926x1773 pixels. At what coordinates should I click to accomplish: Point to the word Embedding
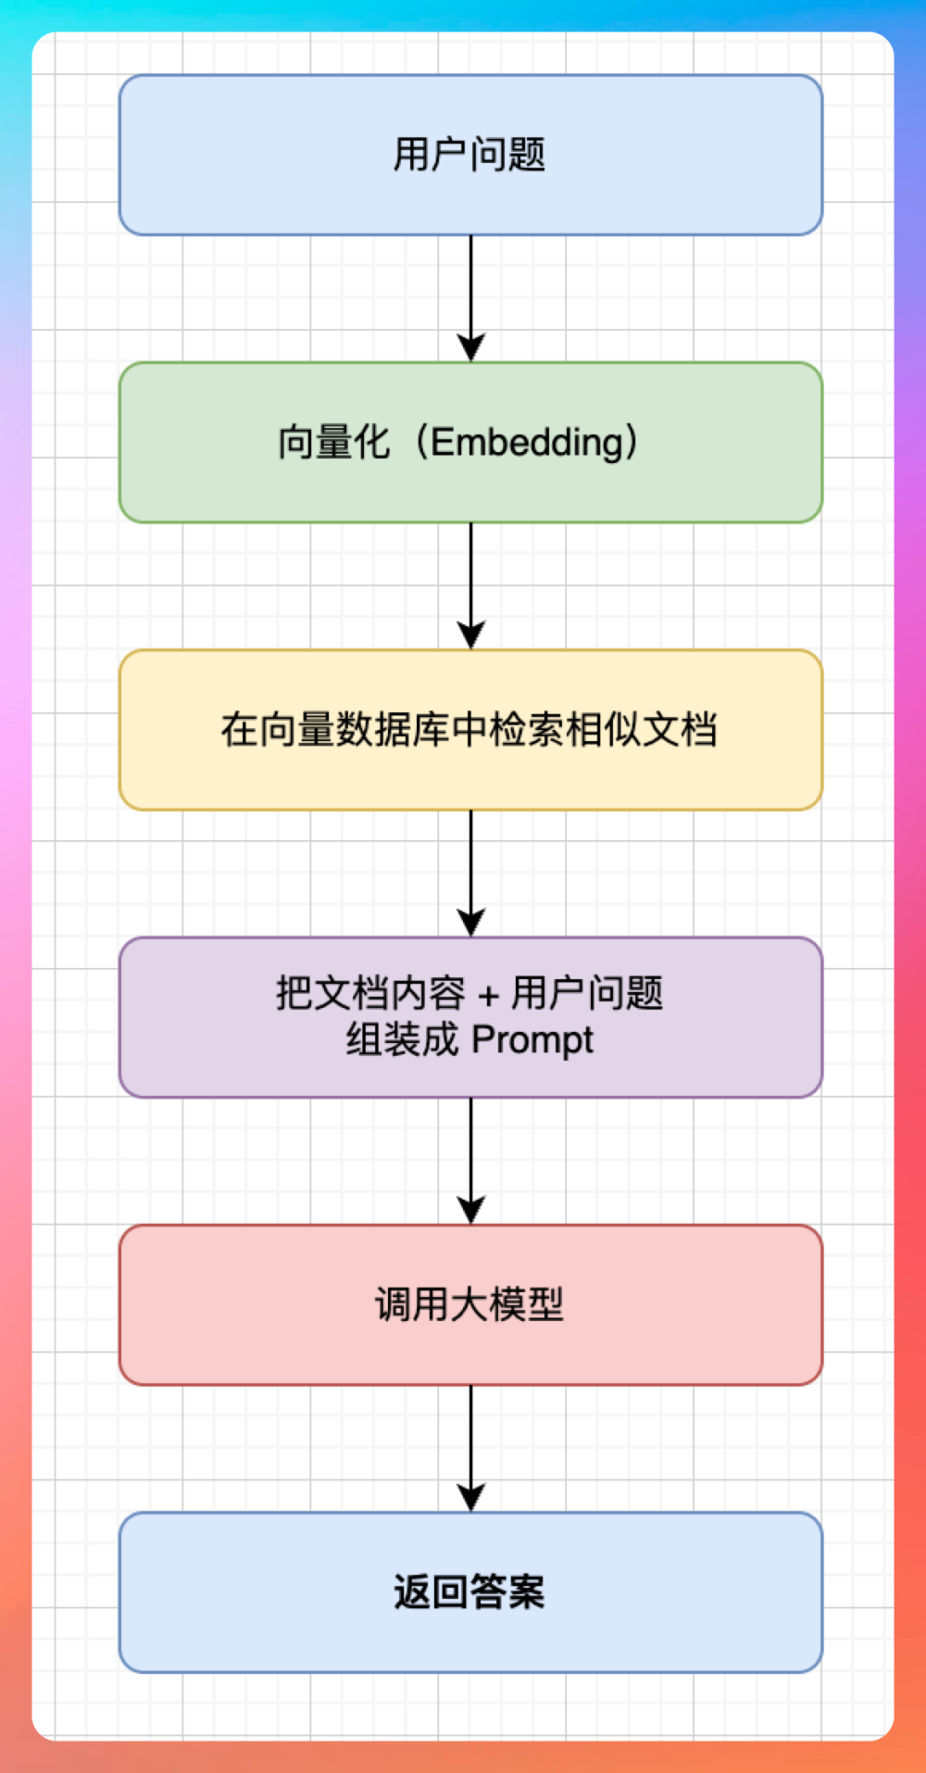528,443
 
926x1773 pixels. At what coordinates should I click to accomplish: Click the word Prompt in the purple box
532,1040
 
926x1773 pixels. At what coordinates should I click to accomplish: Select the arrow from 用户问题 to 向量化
470,296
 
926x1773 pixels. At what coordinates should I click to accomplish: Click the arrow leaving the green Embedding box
470,585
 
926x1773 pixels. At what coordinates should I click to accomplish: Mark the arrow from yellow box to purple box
470,872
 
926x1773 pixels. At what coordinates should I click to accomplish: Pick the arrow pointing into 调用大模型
470,1160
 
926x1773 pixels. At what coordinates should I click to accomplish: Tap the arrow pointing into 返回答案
470,1447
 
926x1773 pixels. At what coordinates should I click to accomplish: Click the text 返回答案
469,1592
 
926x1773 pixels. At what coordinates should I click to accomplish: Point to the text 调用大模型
469,1304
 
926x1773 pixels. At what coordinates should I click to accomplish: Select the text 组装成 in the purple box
402,1040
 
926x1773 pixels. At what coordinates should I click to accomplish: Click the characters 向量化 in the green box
333,443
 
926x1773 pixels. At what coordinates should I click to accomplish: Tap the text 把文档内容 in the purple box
370,994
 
